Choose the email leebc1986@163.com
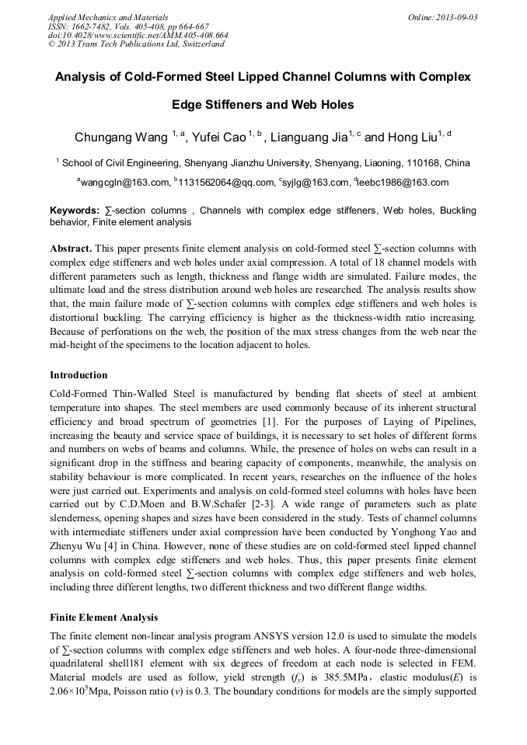pyautogui.click(x=403, y=183)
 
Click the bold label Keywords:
pyautogui.click(x=75, y=211)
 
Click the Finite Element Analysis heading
pyautogui.click(x=103, y=618)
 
